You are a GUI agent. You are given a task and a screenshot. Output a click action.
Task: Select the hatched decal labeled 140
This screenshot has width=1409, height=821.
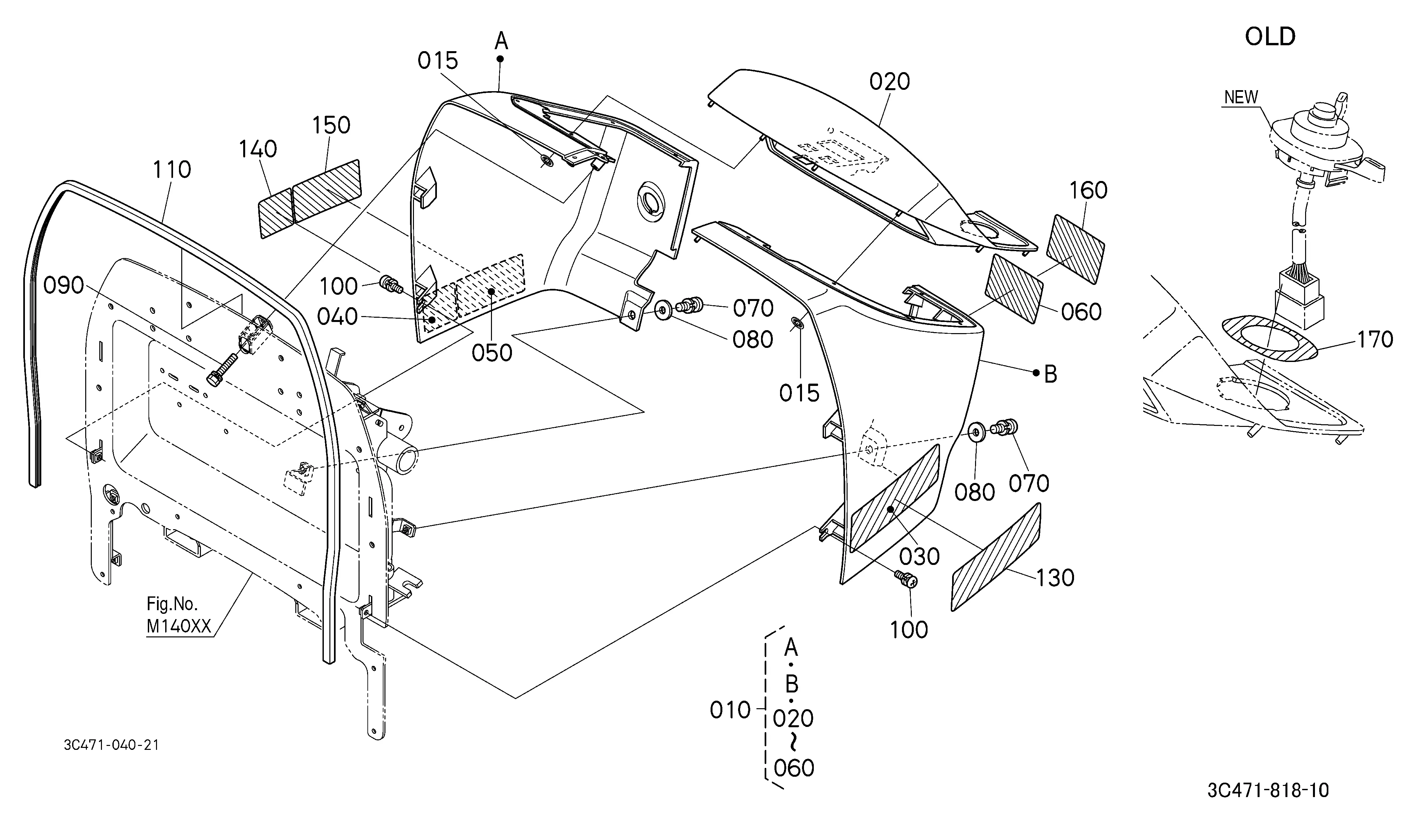[x=276, y=214]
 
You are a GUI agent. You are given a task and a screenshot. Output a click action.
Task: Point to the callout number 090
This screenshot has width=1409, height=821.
[x=64, y=286]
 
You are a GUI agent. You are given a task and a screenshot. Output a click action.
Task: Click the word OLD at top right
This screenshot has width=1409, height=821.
[x=1270, y=37]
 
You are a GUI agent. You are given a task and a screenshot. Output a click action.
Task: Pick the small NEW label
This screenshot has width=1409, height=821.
[x=1241, y=97]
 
